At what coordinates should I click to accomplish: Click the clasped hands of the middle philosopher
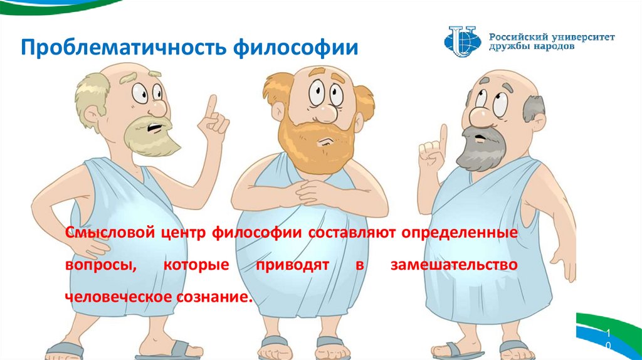pyautogui.click(x=311, y=190)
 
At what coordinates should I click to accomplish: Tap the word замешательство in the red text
pyautogui.click(x=454, y=265)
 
